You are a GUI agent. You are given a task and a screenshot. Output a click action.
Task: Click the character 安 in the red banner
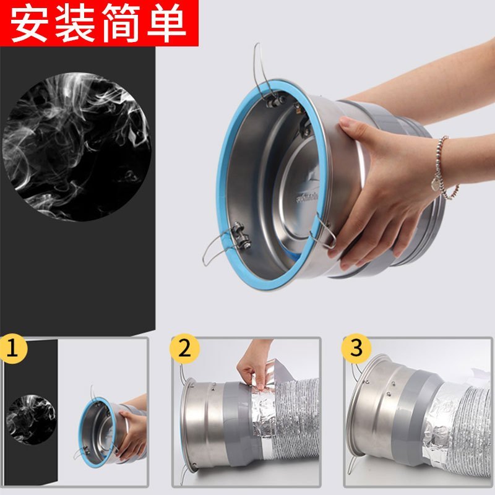coord(30,24)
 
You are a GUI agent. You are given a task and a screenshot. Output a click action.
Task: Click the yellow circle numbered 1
coord(12,348)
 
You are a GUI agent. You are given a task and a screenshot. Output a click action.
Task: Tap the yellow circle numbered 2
coord(184,348)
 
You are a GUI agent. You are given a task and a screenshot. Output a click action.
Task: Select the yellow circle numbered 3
coord(356,348)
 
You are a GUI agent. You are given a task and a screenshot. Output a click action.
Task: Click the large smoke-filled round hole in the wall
coord(77,147)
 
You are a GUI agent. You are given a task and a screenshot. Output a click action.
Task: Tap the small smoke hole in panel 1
coord(32,420)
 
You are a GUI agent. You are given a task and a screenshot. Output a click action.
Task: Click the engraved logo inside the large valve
coord(307,197)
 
